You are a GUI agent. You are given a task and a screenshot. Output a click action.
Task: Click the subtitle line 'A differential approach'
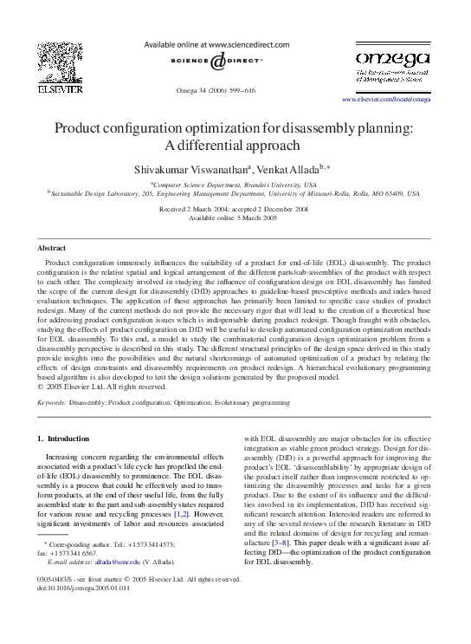(x=235, y=146)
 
